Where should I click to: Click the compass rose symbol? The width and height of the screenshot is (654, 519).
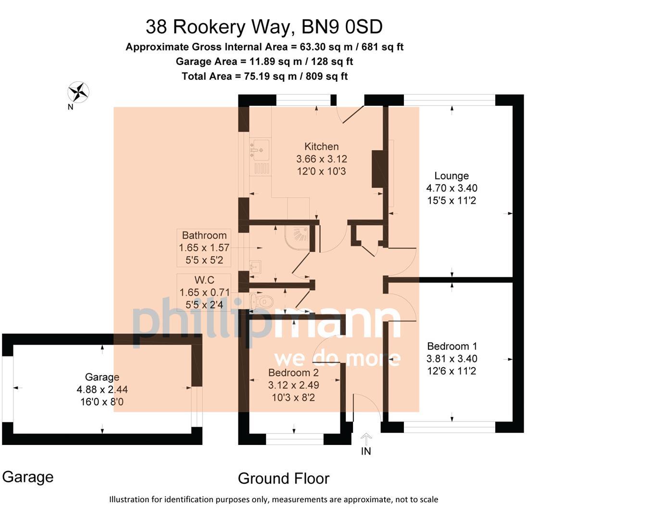pyautogui.click(x=78, y=92)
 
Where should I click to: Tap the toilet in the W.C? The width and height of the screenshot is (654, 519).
pyautogui.click(x=263, y=302)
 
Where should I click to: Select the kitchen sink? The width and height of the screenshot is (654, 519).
pyautogui.click(x=260, y=149)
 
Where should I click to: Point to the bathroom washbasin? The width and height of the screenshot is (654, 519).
pyautogui.click(x=255, y=267)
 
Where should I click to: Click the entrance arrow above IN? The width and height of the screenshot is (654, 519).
pyautogui.click(x=366, y=438)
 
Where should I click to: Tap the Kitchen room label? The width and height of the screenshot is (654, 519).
pyautogui.click(x=321, y=147)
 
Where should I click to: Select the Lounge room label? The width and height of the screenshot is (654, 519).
pyautogui.click(x=451, y=176)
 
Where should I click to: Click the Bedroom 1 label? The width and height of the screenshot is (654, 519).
pyautogui.click(x=452, y=346)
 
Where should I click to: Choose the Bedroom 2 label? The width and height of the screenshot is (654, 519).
pyautogui.click(x=293, y=372)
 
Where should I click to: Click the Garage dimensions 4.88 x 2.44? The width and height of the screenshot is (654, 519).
pyautogui.click(x=102, y=390)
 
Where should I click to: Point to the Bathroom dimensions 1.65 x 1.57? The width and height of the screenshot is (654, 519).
pyautogui.click(x=204, y=248)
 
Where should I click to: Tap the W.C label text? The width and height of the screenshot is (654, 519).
pyautogui.click(x=204, y=280)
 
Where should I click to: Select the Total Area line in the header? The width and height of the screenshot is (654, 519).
pyautogui.click(x=264, y=76)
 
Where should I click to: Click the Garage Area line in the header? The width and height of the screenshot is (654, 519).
pyautogui.click(x=264, y=62)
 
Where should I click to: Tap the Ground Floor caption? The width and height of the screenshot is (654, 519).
pyautogui.click(x=283, y=479)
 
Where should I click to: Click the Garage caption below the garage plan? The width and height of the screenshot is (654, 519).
pyautogui.click(x=28, y=477)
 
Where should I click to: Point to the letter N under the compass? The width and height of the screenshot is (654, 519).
pyautogui.click(x=70, y=107)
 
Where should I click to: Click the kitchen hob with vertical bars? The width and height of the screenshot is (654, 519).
pyautogui.click(x=262, y=168)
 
